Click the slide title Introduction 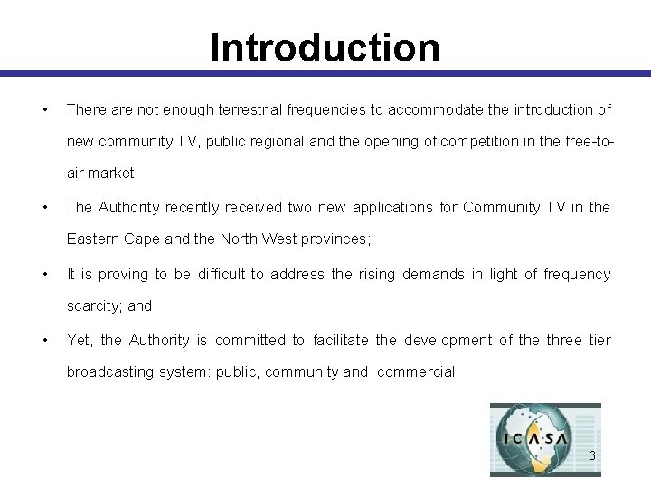[325, 48]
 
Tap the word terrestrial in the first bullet [247, 109]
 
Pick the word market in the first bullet [109, 173]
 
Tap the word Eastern [92, 239]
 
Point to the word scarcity [93, 305]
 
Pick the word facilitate [340, 340]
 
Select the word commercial [416, 371]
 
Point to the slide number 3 [592, 456]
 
